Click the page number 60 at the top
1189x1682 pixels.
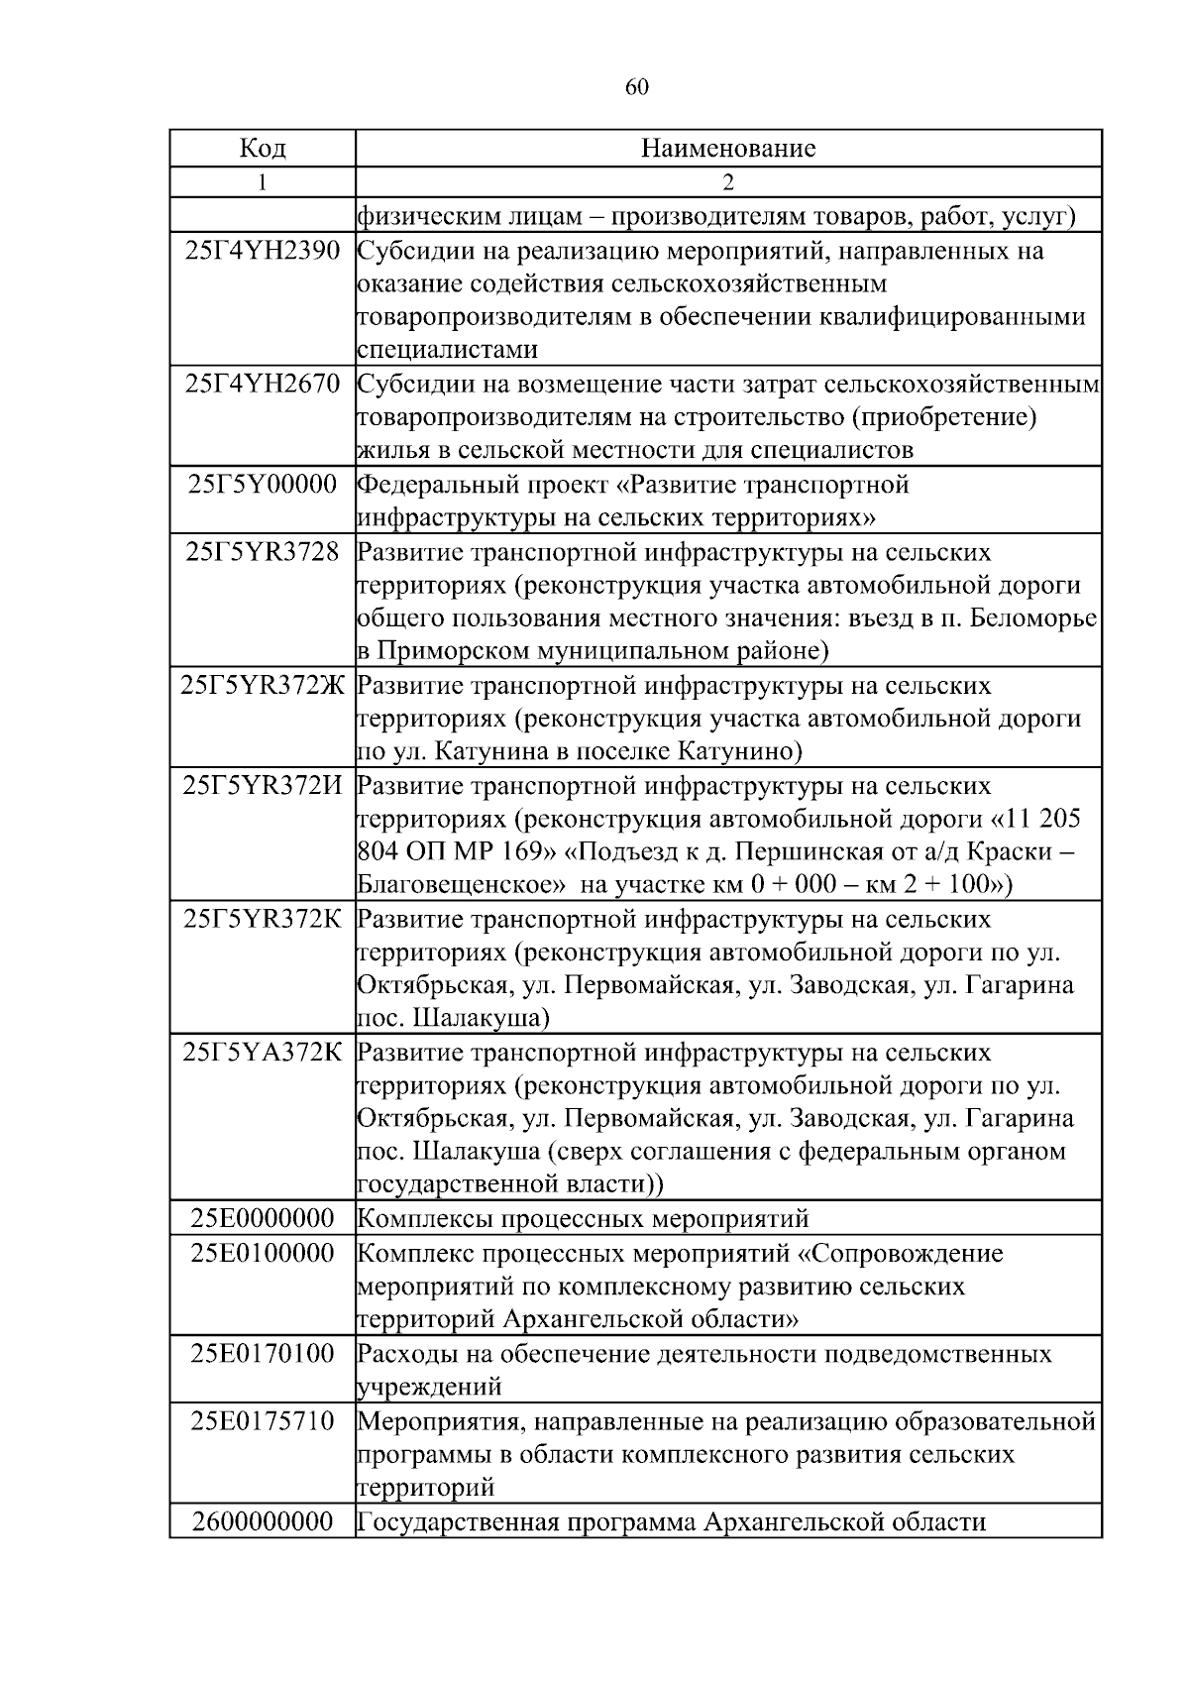pyautogui.click(x=637, y=88)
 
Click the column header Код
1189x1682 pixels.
pyautogui.click(x=263, y=149)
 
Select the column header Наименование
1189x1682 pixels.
pyautogui.click(x=728, y=149)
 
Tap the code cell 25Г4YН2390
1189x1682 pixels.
pyautogui.click(x=263, y=251)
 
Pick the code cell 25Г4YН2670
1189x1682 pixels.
pyautogui.click(x=263, y=385)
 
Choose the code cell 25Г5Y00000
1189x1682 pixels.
pyautogui.click(x=263, y=485)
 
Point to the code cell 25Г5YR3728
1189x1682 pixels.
pyautogui.click(x=263, y=552)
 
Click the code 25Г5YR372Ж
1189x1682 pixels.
pyautogui.click(x=263, y=686)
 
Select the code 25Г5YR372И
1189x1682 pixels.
pyautogui.click(x=263, y=786)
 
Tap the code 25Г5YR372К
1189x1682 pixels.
pyautogui.click(x=263, y=920)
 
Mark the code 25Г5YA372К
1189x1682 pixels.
pyautogui.click(x=263, y=1053)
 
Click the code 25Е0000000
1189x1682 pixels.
pyautogui.click(x=263, y=1219)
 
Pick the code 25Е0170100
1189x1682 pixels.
pyautogui.click(x=263, y=1354)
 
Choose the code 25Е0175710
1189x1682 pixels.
pyautogui.click(x=263, y=1421)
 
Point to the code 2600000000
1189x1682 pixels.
pyautogui.click(x=263, y=1521)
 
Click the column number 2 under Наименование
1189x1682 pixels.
pyautogui.click(x=728, y=182)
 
